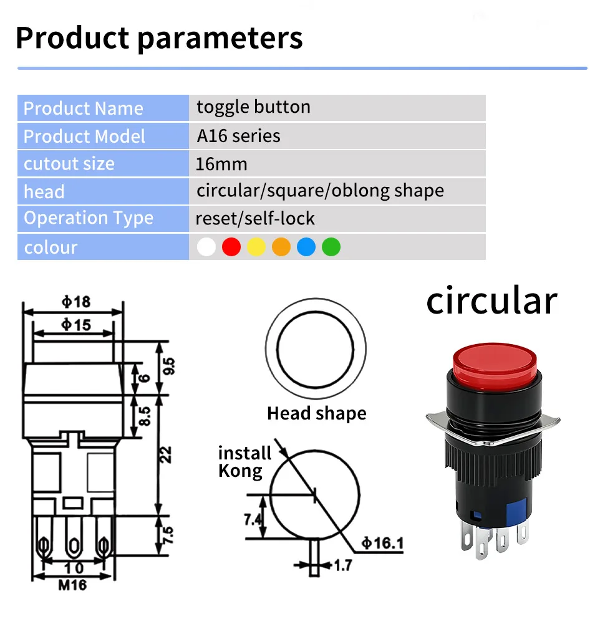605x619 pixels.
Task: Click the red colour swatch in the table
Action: click(x=231, y=247)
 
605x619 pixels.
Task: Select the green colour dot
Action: click(x=331, y=247)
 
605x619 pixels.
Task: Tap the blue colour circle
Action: click(x=306, y=247)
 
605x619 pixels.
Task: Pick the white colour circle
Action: click(x=206, y=247)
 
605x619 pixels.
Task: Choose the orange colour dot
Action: click(x=281, y=247)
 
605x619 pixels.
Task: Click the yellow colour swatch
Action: click(x=256, y=247)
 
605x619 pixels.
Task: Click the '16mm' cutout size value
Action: click(x=221, y=164)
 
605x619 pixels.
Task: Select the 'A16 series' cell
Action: click(x=238, y=136)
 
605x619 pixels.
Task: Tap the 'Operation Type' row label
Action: click(x=89, y=218)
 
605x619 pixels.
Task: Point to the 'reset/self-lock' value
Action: click(x=255, y=218)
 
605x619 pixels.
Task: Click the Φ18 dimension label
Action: click(x=76, y=302)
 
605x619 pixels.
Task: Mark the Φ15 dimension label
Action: click(x=76, y=325)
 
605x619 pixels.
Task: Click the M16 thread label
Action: click(x=72, y=585)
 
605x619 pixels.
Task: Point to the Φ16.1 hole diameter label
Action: click(x=382, y=543)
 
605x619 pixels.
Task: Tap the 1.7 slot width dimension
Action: click(x=343, y=565)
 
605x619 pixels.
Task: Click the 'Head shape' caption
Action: click(x=317, y=414)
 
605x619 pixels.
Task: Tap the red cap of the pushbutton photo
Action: click(x=495, y=365)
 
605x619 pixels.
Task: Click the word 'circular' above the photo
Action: click(x=491, y=301)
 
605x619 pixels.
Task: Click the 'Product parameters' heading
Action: click(x=159, y=38)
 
